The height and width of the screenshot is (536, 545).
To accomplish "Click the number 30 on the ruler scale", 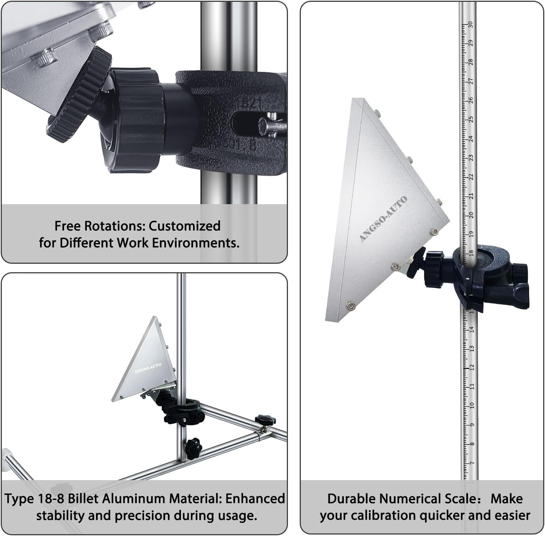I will [x=470, y=24].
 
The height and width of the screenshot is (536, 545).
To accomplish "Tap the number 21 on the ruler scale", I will [x=471, y=196].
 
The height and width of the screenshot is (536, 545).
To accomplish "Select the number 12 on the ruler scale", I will [x=472, y=367].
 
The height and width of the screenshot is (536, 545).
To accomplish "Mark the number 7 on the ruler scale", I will [x=472, y=463].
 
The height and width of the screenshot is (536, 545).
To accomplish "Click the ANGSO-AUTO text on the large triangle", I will [x=383, y=219].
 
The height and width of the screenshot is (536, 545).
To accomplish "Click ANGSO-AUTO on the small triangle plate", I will [x=147, y=368].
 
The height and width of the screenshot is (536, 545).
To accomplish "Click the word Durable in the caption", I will [x=352, y=498].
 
